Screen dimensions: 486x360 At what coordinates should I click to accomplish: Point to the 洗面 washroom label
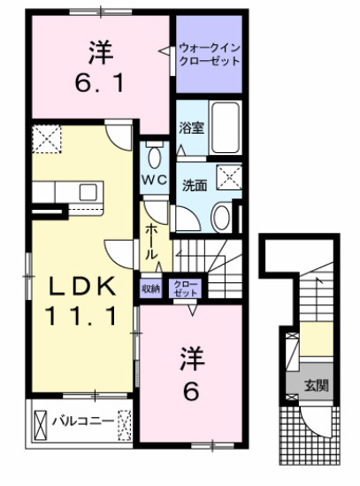pos(195,185)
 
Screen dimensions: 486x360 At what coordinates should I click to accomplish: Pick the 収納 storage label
pos(150,289)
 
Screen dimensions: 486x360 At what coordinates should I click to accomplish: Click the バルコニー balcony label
pos(80,420)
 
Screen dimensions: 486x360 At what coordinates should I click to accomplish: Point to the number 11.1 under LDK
pos(81,314)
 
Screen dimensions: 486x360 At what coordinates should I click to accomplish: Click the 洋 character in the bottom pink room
pos(194,360)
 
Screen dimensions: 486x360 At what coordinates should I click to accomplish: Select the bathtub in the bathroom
pos(230,127)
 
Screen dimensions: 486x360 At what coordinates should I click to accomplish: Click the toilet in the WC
pos(154,158)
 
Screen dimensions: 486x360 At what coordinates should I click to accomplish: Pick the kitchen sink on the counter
pos(88,191)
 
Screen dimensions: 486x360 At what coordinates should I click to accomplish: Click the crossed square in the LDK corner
pos(43,138)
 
